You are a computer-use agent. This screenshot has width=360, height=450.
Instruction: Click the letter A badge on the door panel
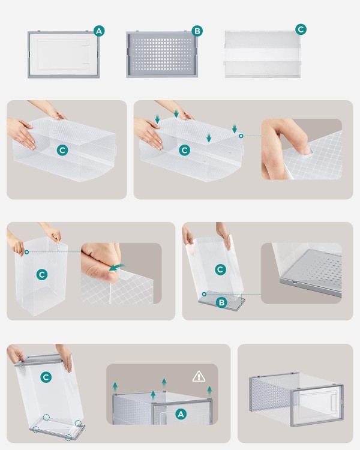pos(99,31)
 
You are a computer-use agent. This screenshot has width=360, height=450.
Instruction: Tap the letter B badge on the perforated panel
pos(197,31)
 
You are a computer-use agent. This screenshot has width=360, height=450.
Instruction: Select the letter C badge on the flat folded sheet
pos(301,29)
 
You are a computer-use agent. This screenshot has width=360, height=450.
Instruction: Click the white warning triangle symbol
pos(199,376)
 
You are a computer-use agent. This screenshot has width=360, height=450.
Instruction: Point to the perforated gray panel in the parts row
pos(162,54)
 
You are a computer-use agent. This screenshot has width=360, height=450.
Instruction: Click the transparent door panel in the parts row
pos(64,54)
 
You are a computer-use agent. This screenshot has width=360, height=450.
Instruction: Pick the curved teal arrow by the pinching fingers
pos(117,268)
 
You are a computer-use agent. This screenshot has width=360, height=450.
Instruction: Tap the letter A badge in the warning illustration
pos(181,414)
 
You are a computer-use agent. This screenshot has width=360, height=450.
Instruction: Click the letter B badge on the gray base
pos(221,302)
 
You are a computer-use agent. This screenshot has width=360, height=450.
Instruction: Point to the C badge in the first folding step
pos(62,150)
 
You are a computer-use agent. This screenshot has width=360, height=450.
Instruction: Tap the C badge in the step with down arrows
pos(185,150)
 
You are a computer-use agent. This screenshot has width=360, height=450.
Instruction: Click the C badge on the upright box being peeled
pos(42,275)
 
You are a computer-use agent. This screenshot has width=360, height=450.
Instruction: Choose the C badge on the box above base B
pos(220,269)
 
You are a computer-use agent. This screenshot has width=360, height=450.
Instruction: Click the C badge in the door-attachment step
pos(46,377)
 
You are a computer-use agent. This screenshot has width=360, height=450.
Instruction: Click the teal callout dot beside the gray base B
pos(204,294)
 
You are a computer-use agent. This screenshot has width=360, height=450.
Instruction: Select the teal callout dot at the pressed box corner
pos(241,136)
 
